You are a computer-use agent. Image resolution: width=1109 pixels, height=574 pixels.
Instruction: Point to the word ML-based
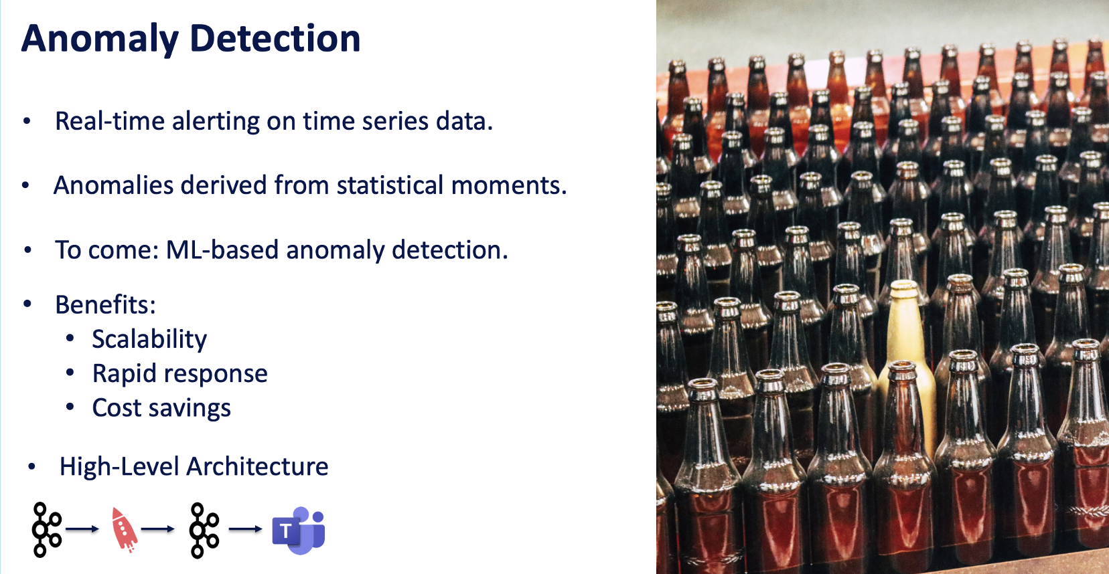[x=222, y=250]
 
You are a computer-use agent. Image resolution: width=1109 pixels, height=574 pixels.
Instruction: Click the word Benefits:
[x=105, y=305]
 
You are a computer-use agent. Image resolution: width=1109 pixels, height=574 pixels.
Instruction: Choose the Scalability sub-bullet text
[x=149, y=339]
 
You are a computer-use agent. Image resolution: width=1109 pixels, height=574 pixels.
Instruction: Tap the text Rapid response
[x=179, y=373]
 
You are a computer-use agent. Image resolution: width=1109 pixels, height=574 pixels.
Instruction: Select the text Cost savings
[x=161, y=408]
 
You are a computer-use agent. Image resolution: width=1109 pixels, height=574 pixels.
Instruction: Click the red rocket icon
[x=124, y=529]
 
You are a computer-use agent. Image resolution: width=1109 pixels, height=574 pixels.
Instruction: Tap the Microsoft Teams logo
[x=299, y=530]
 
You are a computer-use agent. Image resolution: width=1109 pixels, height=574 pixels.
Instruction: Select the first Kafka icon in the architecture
[x=46, y=530]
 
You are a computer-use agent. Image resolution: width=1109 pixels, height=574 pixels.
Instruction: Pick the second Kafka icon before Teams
[x=204, y=530]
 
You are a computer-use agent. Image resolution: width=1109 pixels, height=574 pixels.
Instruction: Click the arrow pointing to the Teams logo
[x=245, y=529]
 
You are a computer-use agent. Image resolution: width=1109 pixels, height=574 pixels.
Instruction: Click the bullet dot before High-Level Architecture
[x=31, y=466]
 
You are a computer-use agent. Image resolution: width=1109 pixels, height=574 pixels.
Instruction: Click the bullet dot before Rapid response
[x=70, y=373]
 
